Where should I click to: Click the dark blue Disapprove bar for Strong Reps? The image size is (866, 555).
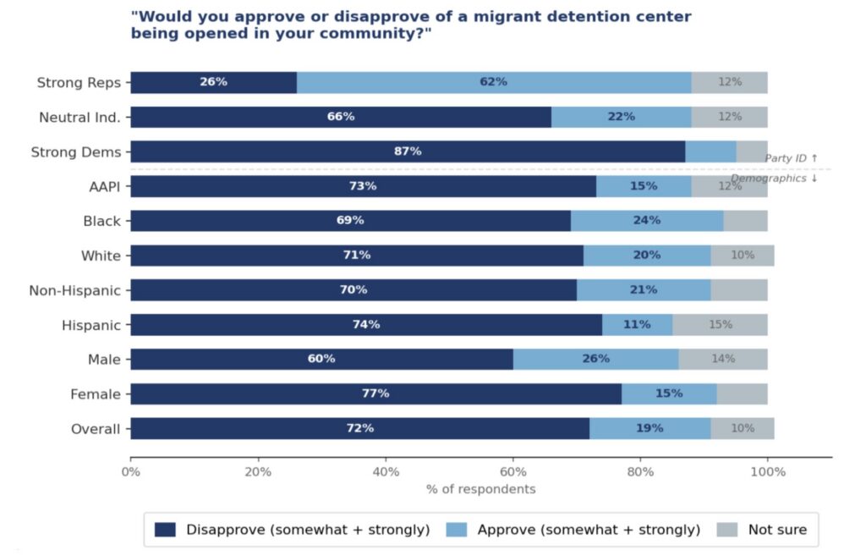coord(213,82)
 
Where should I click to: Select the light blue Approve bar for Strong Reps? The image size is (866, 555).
coord(493,82)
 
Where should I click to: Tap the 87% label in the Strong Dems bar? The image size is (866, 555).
coord(408,151)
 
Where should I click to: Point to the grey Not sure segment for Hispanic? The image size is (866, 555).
coord(720,325)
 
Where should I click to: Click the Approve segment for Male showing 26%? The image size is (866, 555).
coord(595,359)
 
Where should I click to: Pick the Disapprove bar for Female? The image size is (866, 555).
coord(375,393)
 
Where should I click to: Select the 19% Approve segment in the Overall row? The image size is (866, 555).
coord(649,428)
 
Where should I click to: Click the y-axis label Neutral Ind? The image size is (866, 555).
coord(79,118)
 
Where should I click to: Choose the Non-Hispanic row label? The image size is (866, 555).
coord(74,290)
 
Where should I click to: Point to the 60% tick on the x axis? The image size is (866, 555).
coord(512,472)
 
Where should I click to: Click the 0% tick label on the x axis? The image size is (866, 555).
coord(130,472)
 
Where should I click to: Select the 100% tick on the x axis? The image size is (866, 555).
coord(768,472)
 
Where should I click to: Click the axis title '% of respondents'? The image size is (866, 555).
coord(480,489)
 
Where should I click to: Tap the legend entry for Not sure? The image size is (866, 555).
coord(777,530)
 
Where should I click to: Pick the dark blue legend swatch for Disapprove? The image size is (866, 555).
coord(166,530)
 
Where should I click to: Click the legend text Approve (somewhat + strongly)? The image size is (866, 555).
coord(589,530)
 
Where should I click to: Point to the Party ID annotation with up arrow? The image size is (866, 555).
coord(791,158)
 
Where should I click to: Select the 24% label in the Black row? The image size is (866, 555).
coord(646,221)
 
